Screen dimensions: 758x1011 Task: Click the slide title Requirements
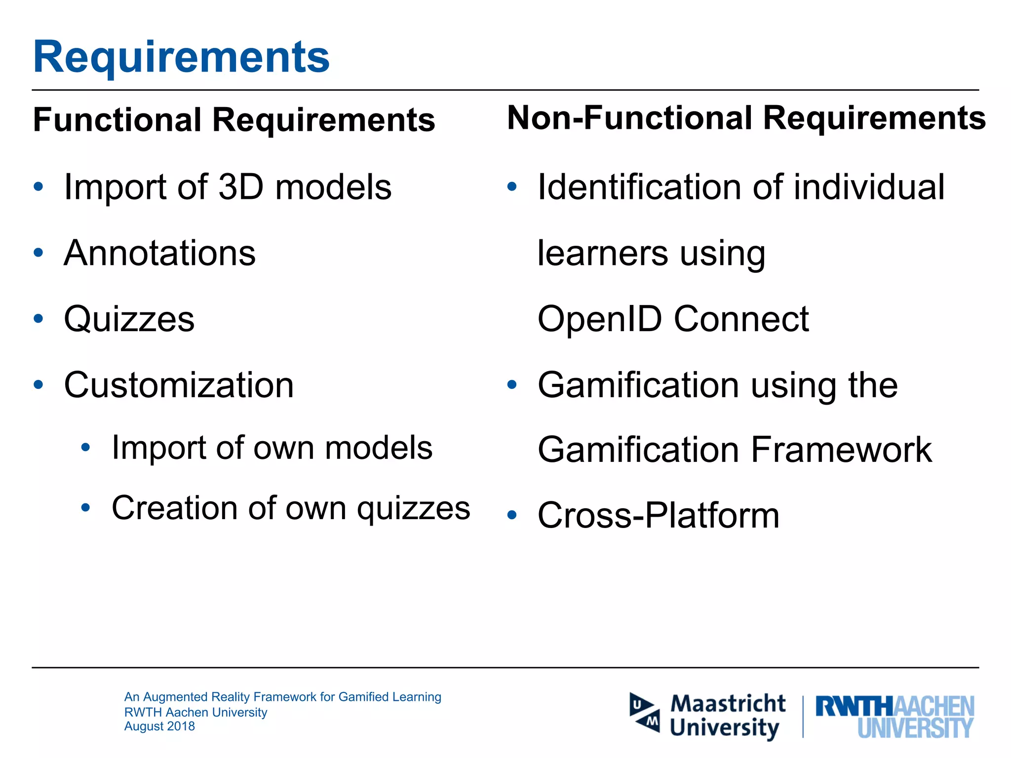[181, 57]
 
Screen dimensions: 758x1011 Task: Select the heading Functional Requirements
[234, 120]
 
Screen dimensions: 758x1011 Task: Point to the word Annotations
[160, 253]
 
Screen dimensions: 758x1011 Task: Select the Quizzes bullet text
[129, 319]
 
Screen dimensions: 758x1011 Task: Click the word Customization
[179, 385]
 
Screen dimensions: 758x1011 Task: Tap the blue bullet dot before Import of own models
[86, 448]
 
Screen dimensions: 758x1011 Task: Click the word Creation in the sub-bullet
[175, 508]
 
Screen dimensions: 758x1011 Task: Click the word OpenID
[599, 319]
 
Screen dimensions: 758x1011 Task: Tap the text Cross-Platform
[659, 516]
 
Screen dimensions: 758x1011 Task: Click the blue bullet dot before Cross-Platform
[512, 516]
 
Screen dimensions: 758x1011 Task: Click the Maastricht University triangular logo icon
[645, 713]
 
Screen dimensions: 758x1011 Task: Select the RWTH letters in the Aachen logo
[854, 707]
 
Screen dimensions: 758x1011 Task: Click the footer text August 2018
[159, 726]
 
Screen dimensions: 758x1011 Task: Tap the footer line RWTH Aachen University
[195, 712]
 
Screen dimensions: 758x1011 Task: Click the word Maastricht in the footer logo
[728, 703]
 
